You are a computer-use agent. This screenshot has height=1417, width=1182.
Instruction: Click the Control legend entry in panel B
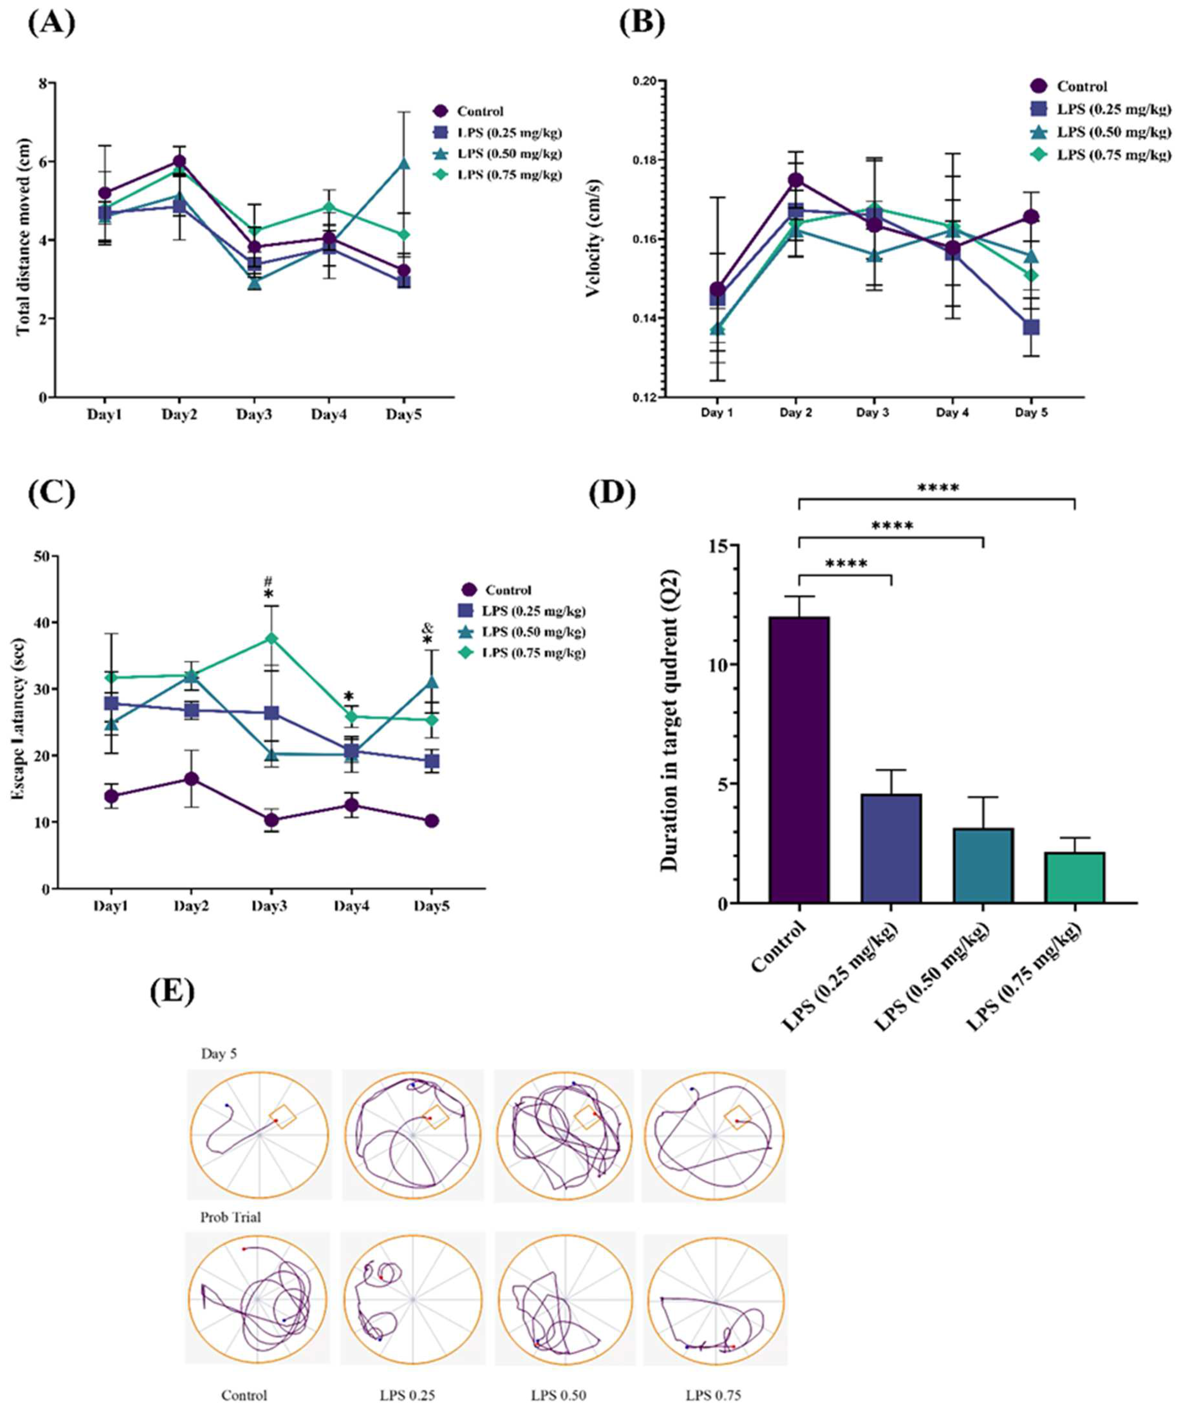click(1081, 86)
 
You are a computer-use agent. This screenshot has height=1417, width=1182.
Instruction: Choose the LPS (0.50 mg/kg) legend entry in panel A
click(509, 154)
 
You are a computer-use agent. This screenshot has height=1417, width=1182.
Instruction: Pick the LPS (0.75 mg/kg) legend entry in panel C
click(533, 653)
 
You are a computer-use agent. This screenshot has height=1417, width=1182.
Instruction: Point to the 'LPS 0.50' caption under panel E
click(558, 1395)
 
